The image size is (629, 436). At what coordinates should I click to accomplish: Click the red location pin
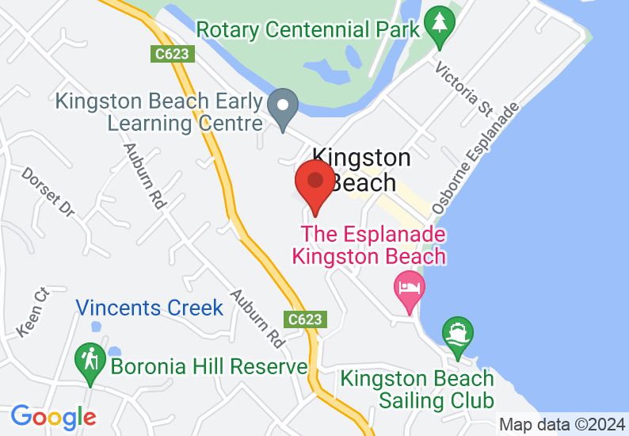pyautogui.click(x=314, y=184)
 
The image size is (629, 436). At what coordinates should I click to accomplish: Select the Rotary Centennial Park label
pyautogui.click(x=307, y=30)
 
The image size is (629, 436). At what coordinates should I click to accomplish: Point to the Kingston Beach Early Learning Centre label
pyautogui.click(x=158, y=113)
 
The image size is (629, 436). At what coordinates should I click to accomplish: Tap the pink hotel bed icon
pyautogui.click(x=409, y=288)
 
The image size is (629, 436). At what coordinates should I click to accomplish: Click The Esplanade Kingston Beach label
pyautogui.click(x=369, y=246)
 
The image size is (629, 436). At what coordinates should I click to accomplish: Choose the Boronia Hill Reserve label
pyautogui.click(x=208, y=367)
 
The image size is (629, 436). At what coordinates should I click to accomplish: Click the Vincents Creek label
pyautogui.click(x=150, y=308)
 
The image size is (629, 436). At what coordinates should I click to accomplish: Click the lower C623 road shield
pyautogui.click(x=305, y=319)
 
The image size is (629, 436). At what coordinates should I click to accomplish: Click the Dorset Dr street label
pyautogui.click(x=48, y=192)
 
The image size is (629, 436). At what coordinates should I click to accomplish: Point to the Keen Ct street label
pyautogui.click(x=33, y=312)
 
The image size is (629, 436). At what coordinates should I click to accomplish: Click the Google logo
pyautogui.click(x=53, y=417)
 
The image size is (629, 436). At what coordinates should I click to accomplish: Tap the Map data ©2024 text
pyautogui.click(x=562, y=424)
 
